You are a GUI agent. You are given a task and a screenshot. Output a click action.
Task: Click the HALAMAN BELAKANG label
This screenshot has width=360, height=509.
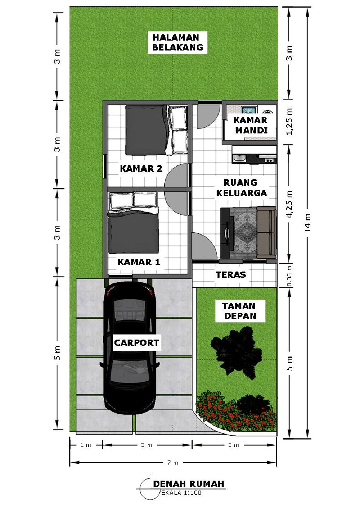pos(177,42)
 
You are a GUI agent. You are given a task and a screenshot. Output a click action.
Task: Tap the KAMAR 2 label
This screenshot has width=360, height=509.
pos(141,168)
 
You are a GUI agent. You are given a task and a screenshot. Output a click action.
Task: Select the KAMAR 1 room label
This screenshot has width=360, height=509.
pos(139,262)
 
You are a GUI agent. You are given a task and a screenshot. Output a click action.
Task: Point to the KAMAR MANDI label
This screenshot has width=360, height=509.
pos(251,125)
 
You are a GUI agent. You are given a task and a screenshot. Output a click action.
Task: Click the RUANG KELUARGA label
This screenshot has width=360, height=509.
pos(241,188)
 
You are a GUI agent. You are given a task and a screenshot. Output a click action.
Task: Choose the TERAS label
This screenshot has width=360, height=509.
pos(231,275)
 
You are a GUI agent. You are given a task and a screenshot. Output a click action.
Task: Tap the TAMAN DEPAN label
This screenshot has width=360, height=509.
pos(239,311)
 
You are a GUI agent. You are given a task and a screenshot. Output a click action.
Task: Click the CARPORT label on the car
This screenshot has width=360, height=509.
pos(136,343)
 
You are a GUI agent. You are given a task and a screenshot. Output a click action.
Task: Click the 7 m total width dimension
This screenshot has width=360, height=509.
pos(173,463)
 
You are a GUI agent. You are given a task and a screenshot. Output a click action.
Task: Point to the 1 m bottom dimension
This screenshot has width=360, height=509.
pos(86,445)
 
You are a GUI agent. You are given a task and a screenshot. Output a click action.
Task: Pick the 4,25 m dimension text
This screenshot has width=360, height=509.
pos(289,204)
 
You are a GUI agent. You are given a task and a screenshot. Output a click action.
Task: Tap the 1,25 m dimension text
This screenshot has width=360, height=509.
pos(289,122)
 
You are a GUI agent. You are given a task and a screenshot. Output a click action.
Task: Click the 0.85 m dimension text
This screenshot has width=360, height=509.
pos(289,276)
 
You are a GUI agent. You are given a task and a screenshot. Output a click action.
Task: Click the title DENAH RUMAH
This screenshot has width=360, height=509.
pos(188,484)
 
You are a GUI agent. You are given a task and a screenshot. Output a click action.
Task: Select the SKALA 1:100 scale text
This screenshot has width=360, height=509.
pos(181,493)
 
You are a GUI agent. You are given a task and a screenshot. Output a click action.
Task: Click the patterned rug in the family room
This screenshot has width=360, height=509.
pos(245,233)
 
